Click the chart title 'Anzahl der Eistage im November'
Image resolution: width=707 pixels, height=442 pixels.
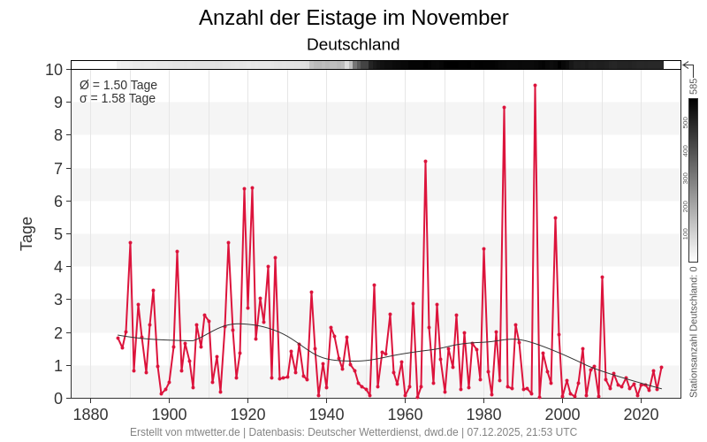(353, 18)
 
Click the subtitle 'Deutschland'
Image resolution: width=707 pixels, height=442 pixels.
(353, 44)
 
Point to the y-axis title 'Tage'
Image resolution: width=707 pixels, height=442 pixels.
(27, 233)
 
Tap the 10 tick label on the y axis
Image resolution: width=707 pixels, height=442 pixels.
(54, 70)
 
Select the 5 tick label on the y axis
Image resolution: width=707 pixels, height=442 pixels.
(57, 234)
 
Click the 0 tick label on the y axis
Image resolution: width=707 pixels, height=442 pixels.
(57, 399)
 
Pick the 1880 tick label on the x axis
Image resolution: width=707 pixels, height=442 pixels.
(90, 415)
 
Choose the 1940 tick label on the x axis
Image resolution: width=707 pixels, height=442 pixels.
(326, 415)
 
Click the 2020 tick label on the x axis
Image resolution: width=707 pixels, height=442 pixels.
(641, 415)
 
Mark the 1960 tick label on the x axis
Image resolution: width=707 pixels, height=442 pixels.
(405, 415)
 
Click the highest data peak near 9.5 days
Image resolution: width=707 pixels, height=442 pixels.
(535, 86)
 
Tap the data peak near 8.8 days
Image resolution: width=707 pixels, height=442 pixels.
(504, 108)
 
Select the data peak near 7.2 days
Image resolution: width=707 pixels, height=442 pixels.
(425, 162)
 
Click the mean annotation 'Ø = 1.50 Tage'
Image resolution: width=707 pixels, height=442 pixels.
(118, 85)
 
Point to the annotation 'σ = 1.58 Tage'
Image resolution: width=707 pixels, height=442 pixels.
(118, 98)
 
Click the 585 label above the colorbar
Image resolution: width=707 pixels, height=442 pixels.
(694, 86)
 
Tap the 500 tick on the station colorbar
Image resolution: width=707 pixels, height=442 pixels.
(686, 122)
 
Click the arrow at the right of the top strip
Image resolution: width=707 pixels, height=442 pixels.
(687, 65)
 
